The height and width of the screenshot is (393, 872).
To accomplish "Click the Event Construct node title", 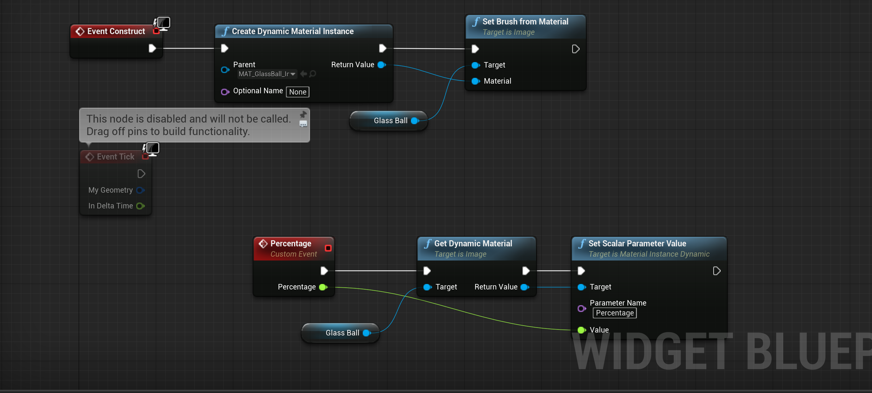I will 116,31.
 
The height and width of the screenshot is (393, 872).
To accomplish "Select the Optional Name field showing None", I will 297,92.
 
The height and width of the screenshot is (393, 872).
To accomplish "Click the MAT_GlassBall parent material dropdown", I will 267,74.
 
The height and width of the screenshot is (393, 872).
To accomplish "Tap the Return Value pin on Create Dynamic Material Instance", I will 381,65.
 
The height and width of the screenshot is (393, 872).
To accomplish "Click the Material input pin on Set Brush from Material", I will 476,81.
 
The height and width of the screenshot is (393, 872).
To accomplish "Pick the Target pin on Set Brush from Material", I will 476,65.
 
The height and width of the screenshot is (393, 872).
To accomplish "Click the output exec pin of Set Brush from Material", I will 575,49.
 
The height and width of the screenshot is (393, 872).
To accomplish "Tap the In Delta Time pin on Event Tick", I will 140,206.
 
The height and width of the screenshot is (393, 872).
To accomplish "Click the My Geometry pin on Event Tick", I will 140,190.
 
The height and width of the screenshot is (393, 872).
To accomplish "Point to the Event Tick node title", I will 115,157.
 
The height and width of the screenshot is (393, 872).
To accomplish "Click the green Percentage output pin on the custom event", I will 323,287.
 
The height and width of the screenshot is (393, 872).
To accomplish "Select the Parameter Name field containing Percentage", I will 614,313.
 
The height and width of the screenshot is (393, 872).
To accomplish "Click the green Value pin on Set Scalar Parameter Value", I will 582,330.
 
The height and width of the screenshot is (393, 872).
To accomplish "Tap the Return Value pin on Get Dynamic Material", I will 525,287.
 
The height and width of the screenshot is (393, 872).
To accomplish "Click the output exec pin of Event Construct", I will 152,49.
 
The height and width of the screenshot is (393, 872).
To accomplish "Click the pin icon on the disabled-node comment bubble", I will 303,114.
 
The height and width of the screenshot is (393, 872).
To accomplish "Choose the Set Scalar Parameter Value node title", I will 637,243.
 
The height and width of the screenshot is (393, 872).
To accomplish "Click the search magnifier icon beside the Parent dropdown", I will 313,74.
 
